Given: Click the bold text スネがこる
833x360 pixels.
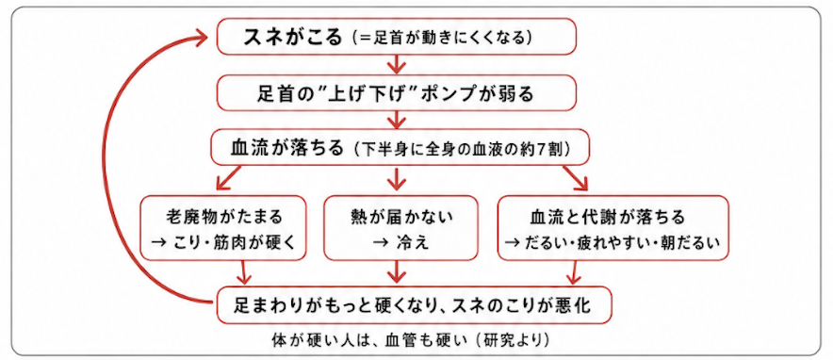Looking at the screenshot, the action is [x=292, y=37].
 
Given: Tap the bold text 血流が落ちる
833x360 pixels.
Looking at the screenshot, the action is [x=287, y=147].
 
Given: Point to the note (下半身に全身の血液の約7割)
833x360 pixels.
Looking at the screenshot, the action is [x=461, y=148].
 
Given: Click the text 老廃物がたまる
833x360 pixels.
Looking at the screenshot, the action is [x=222, y=217].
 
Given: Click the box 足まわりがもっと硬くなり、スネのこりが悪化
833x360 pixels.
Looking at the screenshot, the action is [x=414, y=305].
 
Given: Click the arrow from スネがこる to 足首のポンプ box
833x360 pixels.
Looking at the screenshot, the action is [x=397, y=64].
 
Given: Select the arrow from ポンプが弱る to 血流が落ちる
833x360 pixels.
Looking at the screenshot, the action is [x=394, y=119].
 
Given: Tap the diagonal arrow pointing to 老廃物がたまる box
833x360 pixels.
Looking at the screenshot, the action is [x=229, y=177].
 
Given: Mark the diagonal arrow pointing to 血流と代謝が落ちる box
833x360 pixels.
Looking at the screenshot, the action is [x=576, y=177].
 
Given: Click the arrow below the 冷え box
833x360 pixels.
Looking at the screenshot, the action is [x=395, y=271].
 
